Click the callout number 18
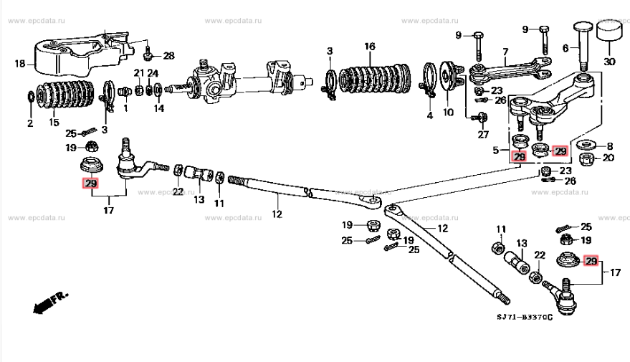(x=19, y=64)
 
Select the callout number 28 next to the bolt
(x=168, y=56)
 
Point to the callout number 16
(x=369, y=47)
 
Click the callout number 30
(x=609, y=62)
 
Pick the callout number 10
(x=449, y=113)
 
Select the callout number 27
(x=482, y=135)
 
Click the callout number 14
(x=158, y=109)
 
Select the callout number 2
(x=30, y=123)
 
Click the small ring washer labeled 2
(x=31, y=96)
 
